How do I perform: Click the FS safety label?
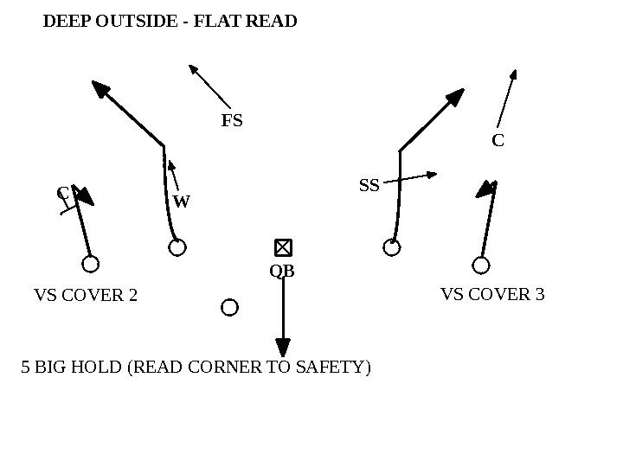coord(232,121)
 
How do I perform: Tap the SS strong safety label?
coord(369,185)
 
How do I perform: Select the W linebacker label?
coord(181,202)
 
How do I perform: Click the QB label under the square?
coord(282,272)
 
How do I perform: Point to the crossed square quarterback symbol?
coord(283,248)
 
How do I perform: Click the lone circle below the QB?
coord(229,307)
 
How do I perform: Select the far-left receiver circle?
coord(90,264)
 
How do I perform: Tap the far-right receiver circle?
coord(481,265)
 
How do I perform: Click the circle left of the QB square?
coord(177,248)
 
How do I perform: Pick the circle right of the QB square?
coord(392,248)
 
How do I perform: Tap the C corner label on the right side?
coord(498,140)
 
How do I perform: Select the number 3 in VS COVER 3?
coord(540,295)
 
